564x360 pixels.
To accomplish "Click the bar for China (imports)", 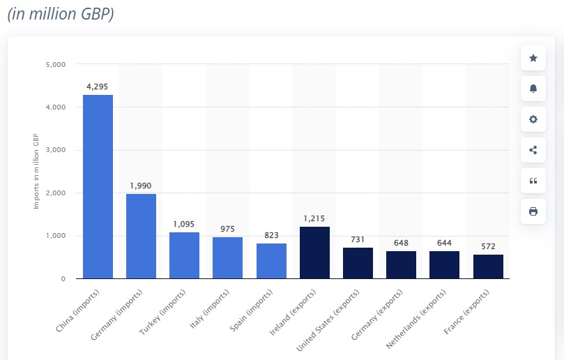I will point(98,187).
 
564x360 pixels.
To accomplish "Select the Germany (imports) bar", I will point(141,237).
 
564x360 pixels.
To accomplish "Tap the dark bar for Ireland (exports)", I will point(314,253).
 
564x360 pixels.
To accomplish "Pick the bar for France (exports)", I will point(488,267).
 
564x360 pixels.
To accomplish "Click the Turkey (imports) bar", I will point(184,255).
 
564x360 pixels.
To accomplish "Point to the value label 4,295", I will point(98,87).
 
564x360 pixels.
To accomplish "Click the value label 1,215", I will point(314,218).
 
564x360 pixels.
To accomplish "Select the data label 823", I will point(271,235).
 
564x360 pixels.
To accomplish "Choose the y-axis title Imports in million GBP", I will point(37,171).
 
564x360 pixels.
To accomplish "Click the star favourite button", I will point(533,58).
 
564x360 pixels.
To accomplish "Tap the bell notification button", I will point(533,89).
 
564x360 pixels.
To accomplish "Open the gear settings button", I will point(533,119).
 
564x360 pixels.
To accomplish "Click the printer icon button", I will point(533,211).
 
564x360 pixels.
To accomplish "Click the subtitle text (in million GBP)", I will point(61,15).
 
